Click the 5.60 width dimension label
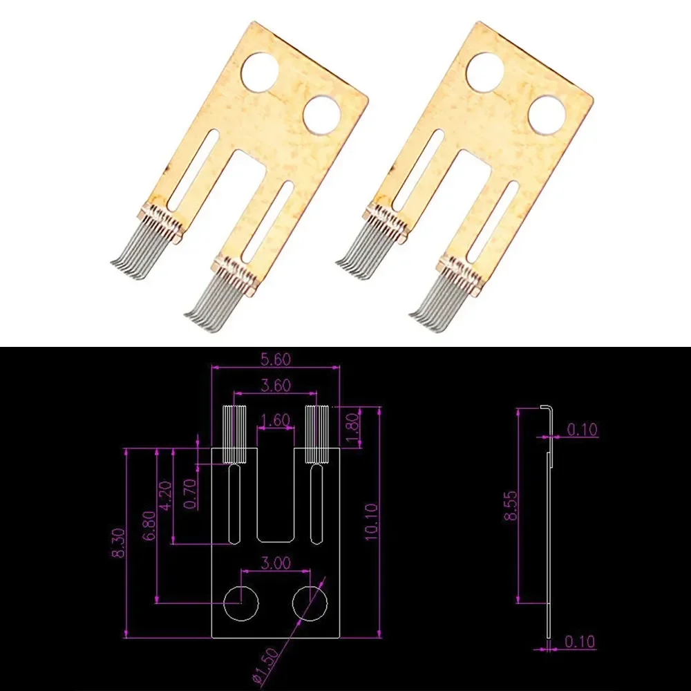pos(276,359)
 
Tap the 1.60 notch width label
pos(275,419)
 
